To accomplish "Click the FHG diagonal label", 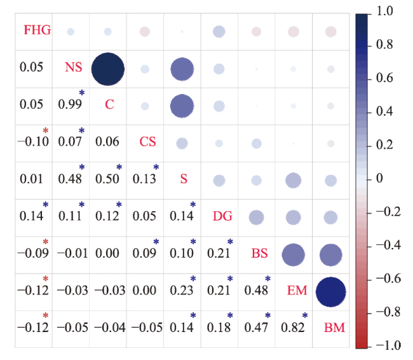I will (x=37, y=29).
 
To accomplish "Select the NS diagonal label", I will (x=74, y=67).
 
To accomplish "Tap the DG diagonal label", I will (x=222, y=216).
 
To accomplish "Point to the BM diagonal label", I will (x=335, y=328).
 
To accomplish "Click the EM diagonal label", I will (x=297, y=291).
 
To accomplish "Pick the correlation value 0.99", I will (x=70, y=104).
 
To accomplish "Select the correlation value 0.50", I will (x=107, y=179).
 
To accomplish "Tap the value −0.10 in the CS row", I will (x=32, y=141).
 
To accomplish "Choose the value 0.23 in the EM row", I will (x=182, y=291).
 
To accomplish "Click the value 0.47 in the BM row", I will (x=257, y=328).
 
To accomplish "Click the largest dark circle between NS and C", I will (x=107, y=69).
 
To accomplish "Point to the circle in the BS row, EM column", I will (x=293, y=255).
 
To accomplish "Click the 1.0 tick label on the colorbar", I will (x=383, y=11).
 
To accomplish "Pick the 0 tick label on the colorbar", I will (x=379, y=179).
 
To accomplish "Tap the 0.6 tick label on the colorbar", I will (x=383, y=78).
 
